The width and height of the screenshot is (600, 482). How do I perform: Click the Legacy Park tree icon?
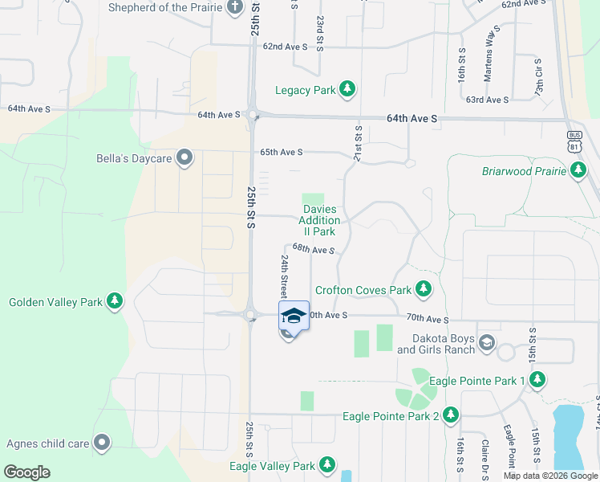[347, 90]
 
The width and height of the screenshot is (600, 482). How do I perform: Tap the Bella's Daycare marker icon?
[184, 158]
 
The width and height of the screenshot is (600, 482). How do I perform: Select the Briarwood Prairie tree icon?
[578, 170]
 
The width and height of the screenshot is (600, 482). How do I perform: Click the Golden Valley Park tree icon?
[116, 302]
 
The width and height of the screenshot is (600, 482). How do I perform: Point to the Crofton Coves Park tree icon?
[424, 289]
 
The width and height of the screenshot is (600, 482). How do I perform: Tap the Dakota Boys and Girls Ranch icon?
[486, 344]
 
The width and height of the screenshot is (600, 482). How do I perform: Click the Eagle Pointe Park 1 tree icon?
[537, 380]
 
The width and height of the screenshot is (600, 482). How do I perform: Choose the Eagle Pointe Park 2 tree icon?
[451, 415]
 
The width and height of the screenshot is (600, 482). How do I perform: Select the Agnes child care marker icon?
[102, 442]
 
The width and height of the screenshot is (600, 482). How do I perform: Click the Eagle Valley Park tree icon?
[326, 465]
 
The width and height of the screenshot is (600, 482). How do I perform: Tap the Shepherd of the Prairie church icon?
[235, 8]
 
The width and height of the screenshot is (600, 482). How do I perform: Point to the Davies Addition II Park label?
[321, 220]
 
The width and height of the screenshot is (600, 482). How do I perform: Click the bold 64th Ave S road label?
[411, 118]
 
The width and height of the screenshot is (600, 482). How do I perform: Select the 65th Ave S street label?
[281, 152]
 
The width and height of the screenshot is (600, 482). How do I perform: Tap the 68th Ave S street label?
[313, 250]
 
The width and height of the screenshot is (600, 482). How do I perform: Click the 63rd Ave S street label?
[488, 100]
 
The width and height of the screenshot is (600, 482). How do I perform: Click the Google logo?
[26, 472]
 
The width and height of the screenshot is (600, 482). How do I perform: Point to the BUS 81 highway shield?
[573, 141]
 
